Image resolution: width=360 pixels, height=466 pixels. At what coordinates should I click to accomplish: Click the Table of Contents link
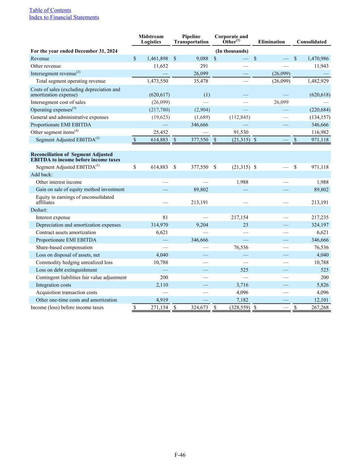[50, 10]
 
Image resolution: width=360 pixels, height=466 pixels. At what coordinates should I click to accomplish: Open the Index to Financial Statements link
[64, 17]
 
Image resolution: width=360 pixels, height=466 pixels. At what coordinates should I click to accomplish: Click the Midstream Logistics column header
[151, 39]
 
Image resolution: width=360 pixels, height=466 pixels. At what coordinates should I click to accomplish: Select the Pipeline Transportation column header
[191, 39]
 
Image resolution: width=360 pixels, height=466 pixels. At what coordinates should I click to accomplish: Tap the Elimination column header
[271, 42]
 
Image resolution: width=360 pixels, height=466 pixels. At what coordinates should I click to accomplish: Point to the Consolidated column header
[312, 42]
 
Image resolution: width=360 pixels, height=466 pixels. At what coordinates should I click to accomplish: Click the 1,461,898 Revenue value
[157, 59]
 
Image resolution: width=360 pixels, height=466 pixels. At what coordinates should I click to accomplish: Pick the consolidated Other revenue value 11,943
[321, 66]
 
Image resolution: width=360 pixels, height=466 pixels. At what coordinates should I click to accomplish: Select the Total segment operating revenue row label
[71, 81]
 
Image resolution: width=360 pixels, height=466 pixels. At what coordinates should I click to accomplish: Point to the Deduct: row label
[39, 210]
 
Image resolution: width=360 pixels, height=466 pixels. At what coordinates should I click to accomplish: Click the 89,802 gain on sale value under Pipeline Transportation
[201, 189]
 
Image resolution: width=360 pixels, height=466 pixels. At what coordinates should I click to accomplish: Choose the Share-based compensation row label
[64, 248]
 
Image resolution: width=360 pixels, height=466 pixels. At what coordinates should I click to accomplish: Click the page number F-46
[180, 455]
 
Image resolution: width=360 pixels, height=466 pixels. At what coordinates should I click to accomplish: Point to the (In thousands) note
[232, 51]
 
